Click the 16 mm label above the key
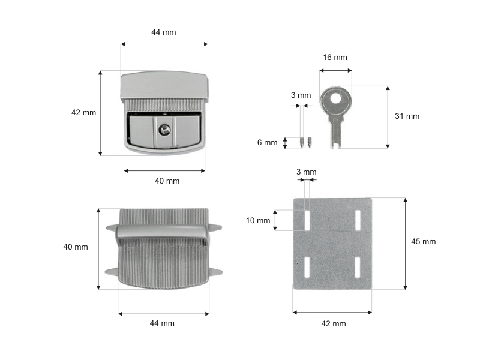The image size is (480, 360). pyautogui.click(x=335, y=57)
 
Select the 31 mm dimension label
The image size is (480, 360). pyautogui.click(x=407, y=116)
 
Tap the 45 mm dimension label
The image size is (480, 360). pyautogui.click(x=424, y=242)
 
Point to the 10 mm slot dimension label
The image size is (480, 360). pyautogui.click(x=258, y=220)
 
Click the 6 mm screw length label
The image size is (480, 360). pyautogui.click(x=267, y=142)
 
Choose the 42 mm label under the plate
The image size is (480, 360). pyautogui.click(x=334, y=323)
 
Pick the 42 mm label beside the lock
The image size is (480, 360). pyautogui.click(x=83, y=113)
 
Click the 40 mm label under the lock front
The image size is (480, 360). pyautogui.click(x=167, y=181)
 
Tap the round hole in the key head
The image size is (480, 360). pyautogui.click(x=336, y=98)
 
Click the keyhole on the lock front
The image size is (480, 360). pyautogui.click(x=164, y=130)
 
